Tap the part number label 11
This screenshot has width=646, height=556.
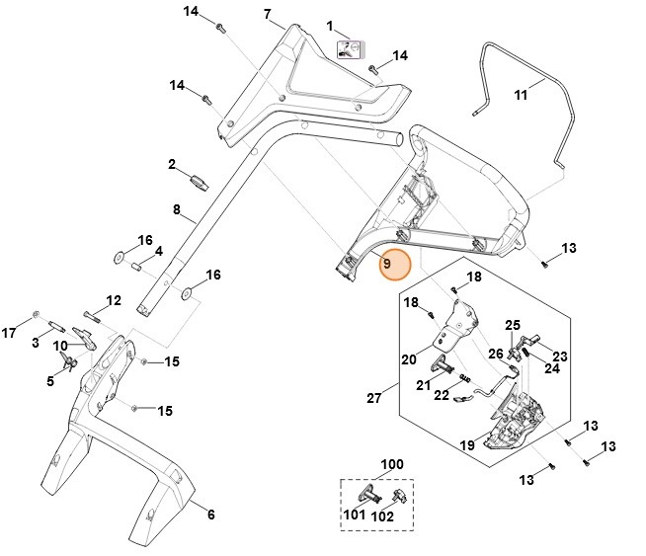(x=521, y=95)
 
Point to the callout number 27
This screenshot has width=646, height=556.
(x=374, y=398)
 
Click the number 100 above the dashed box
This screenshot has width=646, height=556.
(x=392, y=464)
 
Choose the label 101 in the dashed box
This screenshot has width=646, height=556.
(x=355, y=514)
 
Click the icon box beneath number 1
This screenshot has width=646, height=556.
(x=351, y=49)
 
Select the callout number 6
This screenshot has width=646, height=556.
(x=209, y=513)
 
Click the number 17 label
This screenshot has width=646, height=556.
(x=9, y=333)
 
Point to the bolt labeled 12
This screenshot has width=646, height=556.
(x=94, y=316)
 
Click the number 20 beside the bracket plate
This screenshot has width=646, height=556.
(x=408, y=360)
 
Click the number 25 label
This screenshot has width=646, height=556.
(x=513, y=325)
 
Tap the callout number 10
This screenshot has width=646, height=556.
(x=59, y=346)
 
